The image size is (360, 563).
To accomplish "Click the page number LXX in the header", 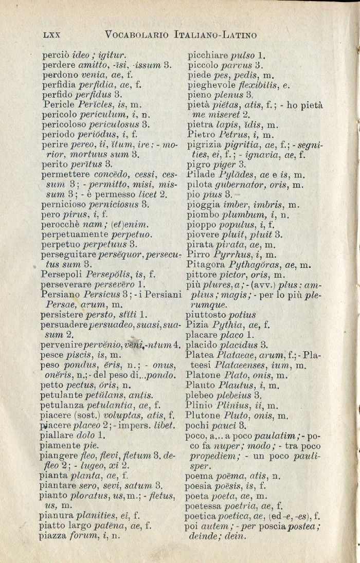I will point(51,35).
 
